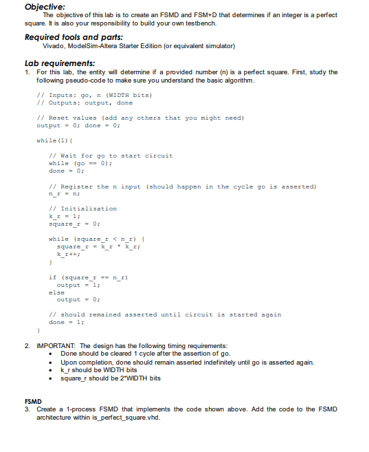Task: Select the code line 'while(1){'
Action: coord(51,141)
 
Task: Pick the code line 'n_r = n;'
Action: coord(63,194)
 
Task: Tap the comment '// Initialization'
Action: coord(83,208)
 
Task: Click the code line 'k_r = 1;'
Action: coord(63,216)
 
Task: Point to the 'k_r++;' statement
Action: coord(68,254)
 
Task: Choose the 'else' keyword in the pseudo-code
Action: coord(56,292)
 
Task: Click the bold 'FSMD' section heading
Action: coord(33,400)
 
